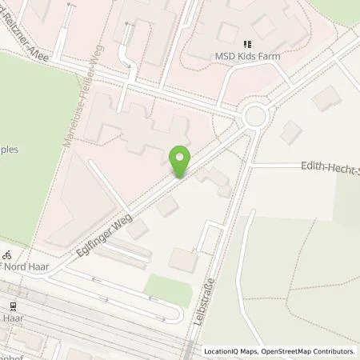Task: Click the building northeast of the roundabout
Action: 325,100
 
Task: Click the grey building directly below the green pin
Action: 168,206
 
